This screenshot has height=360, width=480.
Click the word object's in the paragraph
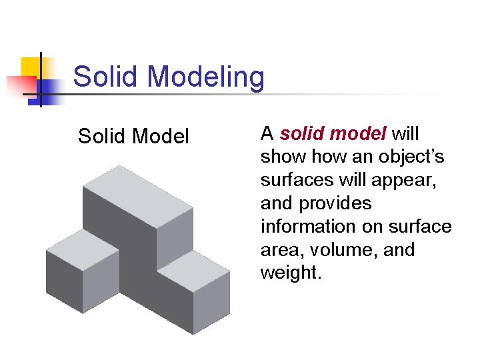(x=416, y=157)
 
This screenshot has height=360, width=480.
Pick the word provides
(x=337, y=203)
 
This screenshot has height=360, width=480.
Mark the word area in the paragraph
(x=279, y=250)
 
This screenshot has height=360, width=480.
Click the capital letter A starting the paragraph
(x=267, y=134)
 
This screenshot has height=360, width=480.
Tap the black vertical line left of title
(x=41, y=80)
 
